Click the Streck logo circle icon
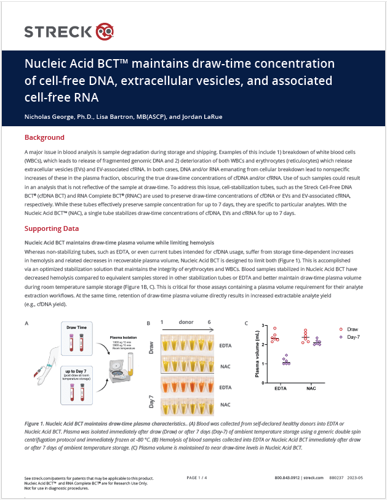tap(105, 30)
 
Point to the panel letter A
tap(26, 323)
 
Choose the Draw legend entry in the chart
tap(351, 329)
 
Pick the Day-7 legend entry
tap(351, 337)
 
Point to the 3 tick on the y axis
tap(263, 325)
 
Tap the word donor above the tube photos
tap(186, 322)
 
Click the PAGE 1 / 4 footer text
tap(196, 478)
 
